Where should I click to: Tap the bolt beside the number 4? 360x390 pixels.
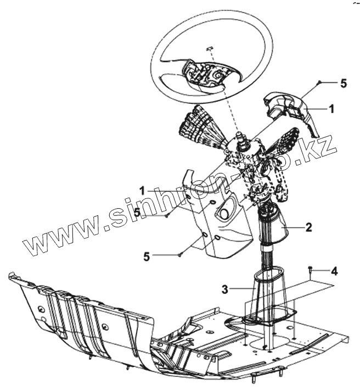coord(311,269)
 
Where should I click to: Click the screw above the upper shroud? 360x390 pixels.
coord(318,82)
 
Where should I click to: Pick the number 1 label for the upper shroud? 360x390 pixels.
coord(331,109)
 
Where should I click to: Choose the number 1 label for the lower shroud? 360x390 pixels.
coord(142,191)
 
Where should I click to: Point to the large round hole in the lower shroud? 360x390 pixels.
coord(224,211)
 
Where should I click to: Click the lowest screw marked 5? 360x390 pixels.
coord(180,254)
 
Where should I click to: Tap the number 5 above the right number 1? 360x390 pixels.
coord(344,83)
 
